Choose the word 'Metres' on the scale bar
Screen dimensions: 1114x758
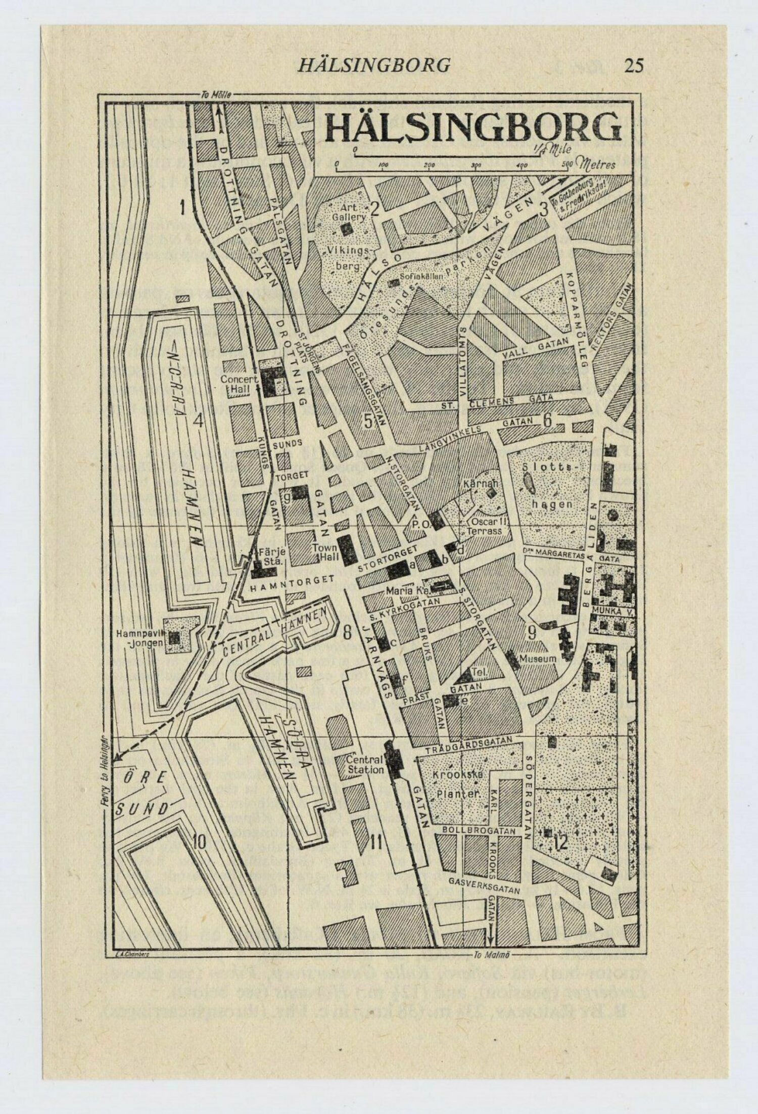pyautogui.click(x=598, y=164)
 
